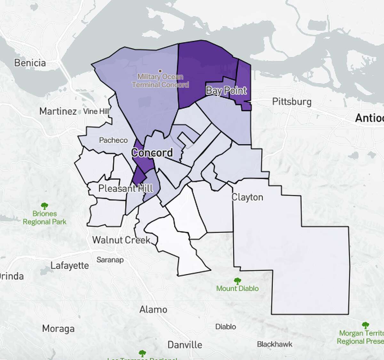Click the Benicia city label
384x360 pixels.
[x=30, y=63]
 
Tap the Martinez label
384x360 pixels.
[x=58, y=111]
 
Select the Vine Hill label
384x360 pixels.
[x=96, y=111]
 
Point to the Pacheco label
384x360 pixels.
[x=113, y=140]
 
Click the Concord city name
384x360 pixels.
[x=152, y=153]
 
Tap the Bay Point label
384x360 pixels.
[x=226, y=91]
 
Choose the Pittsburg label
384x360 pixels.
[x=292, y=102]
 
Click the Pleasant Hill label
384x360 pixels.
[x=125, y=188]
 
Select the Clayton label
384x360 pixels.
[x=247, y=197]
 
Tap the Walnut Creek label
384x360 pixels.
[x=121, y=240]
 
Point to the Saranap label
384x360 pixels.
[x=110, y=260]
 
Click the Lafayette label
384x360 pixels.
[x=69, y=266]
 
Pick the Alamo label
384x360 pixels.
[x=153, y=309]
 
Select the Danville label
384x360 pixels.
[x=185, y=345]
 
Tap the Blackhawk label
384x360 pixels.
[x=275, y=344]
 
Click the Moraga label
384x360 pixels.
[x=58, y=329]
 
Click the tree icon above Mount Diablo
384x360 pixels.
[x=237, y=281]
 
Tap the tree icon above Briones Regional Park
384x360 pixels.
[x=44, y=206]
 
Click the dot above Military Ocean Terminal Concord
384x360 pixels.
[x=160, y=71]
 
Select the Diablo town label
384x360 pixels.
[x=226, y=327]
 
